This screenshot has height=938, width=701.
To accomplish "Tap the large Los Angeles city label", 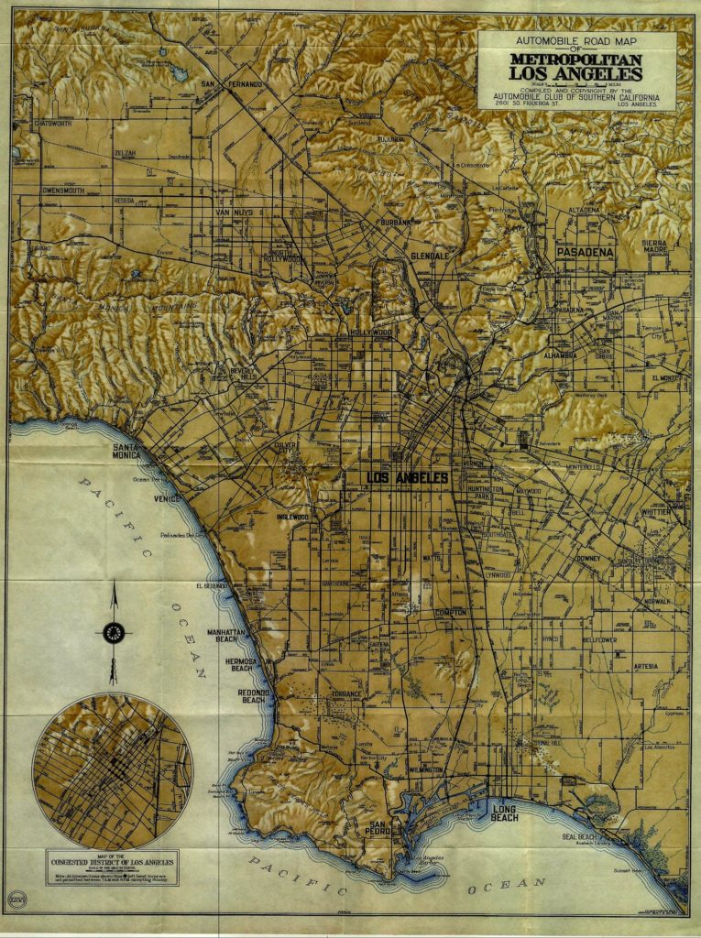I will tap(407, 478).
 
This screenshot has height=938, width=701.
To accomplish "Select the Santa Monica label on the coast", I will tap(126, 451).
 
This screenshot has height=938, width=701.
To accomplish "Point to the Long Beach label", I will tap(504, 813).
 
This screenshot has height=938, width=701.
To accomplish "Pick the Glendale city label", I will tap(430, 256).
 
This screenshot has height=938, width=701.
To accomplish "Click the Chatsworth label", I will tap(53, 123).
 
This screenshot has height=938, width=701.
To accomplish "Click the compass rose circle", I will tap(114, 632).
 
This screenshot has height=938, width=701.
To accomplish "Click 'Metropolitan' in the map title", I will tap(576, 60).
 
